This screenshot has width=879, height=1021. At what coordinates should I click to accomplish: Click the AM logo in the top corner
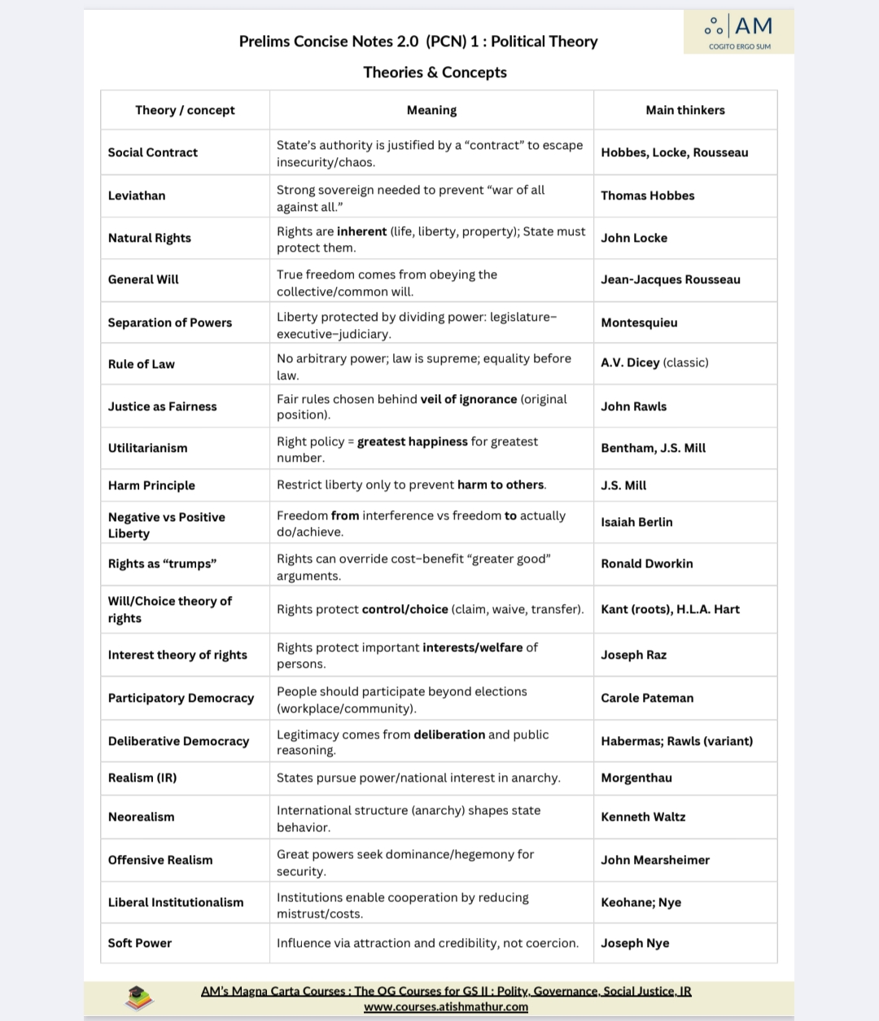739,31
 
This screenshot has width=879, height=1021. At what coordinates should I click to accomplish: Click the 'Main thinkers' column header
684,110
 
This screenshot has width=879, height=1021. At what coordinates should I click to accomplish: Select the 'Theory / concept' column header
185,110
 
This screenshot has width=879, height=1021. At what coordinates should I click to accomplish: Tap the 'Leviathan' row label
137,195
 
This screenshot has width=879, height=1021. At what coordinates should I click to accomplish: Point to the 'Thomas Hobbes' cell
647,195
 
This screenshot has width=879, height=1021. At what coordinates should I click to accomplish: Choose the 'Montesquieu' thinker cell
639,322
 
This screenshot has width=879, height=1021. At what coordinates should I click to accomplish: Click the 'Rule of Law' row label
141,364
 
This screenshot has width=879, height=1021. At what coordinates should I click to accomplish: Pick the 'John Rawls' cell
633,406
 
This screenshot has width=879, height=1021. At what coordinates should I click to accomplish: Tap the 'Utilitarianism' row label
147,448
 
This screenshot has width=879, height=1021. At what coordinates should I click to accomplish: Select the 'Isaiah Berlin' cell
636,522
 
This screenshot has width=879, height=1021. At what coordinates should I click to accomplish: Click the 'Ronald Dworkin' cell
646,563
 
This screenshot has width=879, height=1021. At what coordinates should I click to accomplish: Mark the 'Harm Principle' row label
151,485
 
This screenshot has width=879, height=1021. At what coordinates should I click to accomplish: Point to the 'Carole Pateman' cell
647,698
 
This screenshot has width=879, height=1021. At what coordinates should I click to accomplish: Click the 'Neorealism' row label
141,817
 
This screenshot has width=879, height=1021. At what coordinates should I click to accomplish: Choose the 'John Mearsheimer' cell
654,860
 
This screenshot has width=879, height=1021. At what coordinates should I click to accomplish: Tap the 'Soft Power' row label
140,943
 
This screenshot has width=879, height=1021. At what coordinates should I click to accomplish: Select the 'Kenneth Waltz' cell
643,817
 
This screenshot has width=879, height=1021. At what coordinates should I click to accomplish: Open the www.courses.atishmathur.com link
446,1007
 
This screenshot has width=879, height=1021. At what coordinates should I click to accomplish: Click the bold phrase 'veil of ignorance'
468,399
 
